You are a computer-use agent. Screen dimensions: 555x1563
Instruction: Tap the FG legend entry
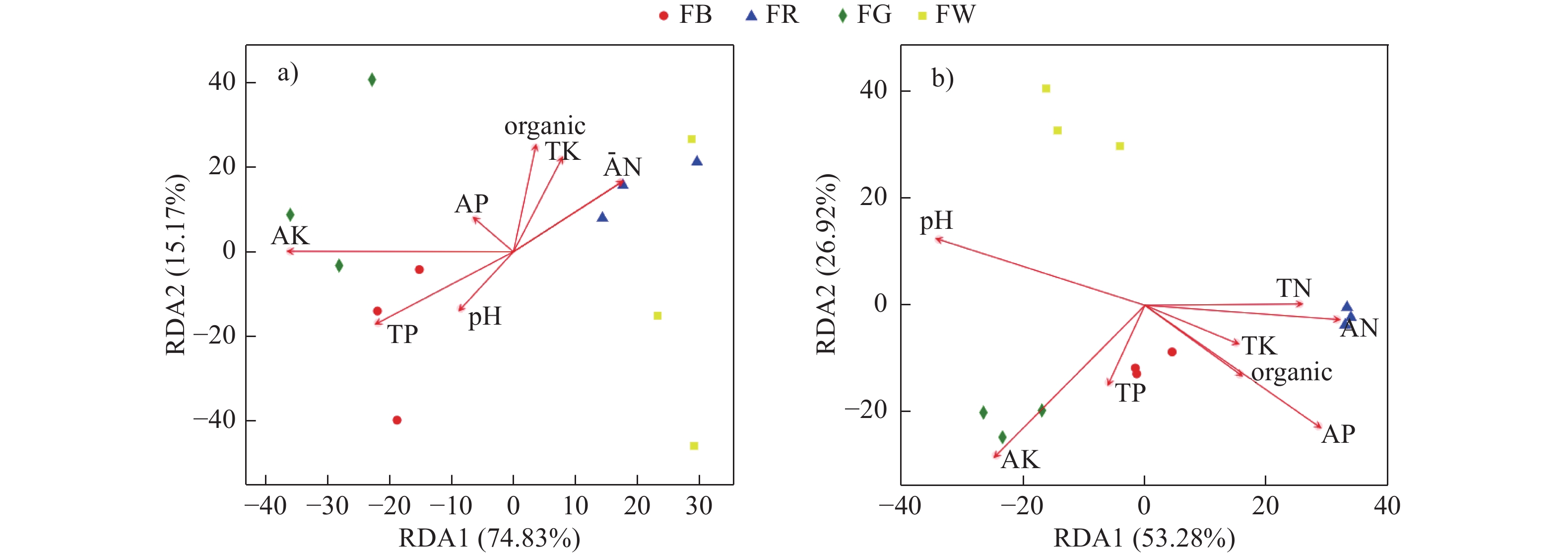click(x=865, y=14)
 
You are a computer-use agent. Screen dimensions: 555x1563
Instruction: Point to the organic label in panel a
click(x=544, y=126)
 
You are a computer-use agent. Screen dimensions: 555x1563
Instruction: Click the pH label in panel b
click(x=936, y=221)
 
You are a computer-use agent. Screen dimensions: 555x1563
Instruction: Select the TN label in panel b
click(x=1293, y=288)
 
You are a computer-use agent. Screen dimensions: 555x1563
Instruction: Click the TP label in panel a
click(x=402, y=335)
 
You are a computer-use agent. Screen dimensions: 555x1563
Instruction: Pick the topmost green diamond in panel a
click(x=372, y=79)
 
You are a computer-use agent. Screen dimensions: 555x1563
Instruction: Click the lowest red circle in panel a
click(x=397, y=420)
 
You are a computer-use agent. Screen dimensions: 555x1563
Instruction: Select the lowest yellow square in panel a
click(x=694, y=446)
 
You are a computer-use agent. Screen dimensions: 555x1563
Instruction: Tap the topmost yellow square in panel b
click(x=1046, y=89)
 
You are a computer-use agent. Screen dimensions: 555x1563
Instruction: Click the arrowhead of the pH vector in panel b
click(x=937, y=239)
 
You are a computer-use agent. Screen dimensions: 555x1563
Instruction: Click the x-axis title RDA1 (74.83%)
click(x=489, y=538)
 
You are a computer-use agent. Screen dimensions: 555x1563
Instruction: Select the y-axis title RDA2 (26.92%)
click(x=826, y=264)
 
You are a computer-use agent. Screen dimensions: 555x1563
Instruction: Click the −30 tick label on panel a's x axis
click(x=327, y=506)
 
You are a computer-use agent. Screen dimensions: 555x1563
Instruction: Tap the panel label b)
click(x=942, y=79)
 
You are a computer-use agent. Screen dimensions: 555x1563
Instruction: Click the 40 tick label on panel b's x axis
click(x=1386, y=506)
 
